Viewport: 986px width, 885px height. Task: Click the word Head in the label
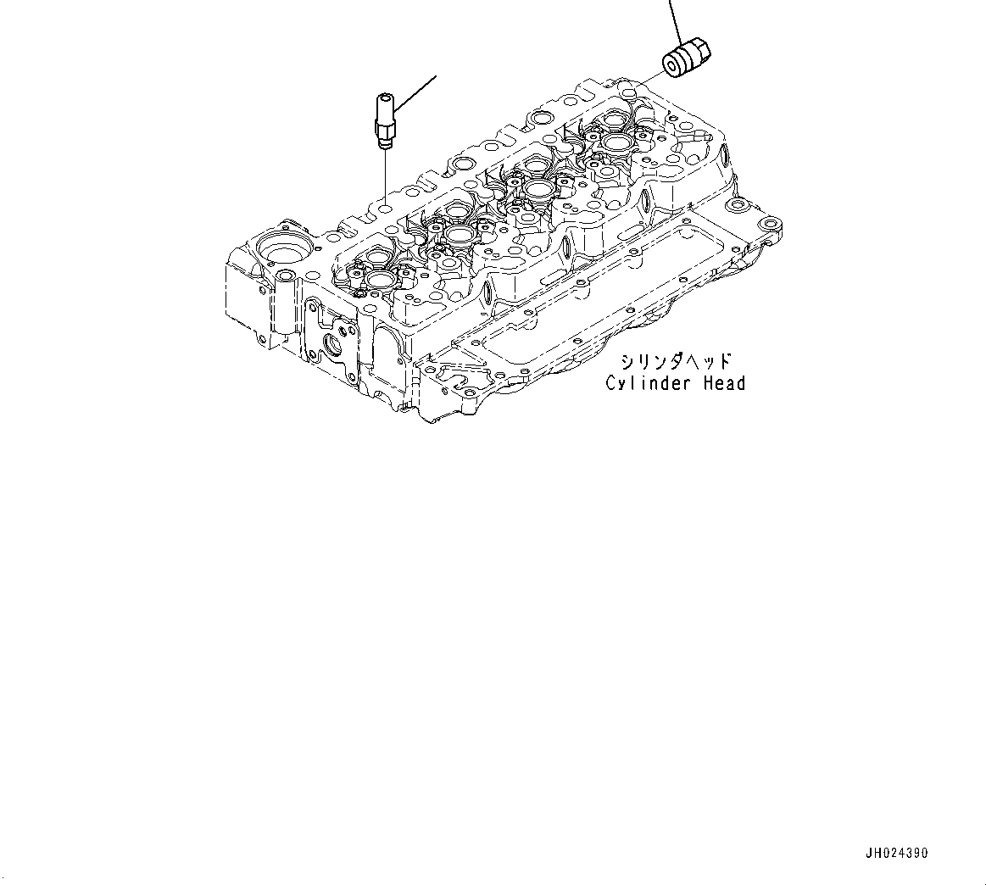[x=724, y=383]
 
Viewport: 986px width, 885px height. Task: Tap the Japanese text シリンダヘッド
[x=675, y=362]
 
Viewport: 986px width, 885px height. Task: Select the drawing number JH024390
[x=896, y=853]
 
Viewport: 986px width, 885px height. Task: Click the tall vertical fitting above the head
[x=382, y=120]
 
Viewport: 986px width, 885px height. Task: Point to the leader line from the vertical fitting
[x=415, y=94]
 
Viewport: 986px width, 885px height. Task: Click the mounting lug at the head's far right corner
[x=769, y=226]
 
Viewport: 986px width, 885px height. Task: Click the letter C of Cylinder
[x=611, y=383]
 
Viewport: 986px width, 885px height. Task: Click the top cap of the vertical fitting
[x=380, y=99]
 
